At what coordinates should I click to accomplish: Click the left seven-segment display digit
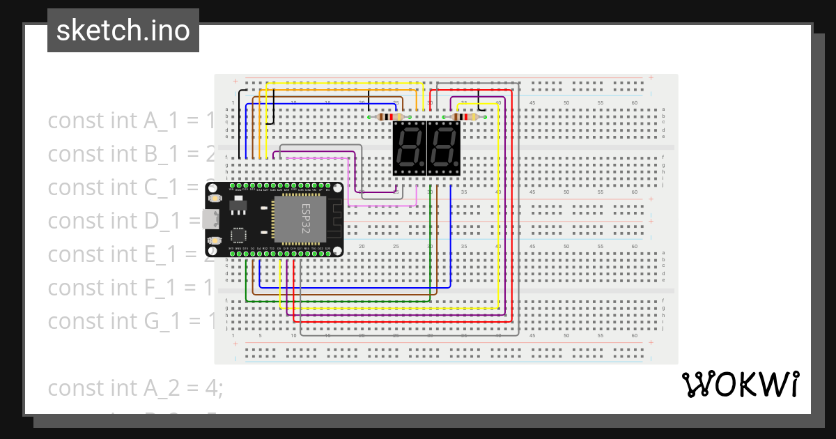(x=409, y=148)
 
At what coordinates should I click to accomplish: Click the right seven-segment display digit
(x=443, y=148)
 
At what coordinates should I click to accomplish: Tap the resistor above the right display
(x=465, y=117)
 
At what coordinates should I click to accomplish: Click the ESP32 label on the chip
(x=306, y=217)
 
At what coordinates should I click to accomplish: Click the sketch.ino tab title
(x=123, y=31)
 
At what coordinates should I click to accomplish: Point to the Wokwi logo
(x=740, y=384)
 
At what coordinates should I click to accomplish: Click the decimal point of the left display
(x=422, y=169)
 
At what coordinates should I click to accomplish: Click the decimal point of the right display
(x=456, y=169)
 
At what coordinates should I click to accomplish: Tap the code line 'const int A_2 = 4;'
(x=135, y=387)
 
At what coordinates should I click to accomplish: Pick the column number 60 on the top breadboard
(x=635, y=103)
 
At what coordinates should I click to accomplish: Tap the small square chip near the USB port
(x=238, y=235)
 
